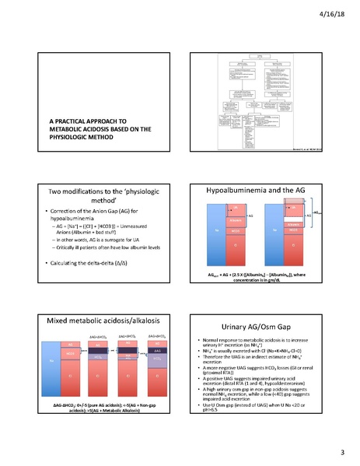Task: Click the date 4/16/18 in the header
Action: click(340, 12)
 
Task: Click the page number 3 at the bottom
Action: click(341, 452)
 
